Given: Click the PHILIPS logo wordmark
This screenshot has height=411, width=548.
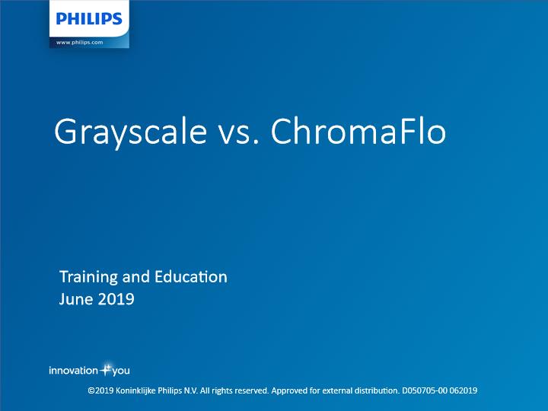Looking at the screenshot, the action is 89,18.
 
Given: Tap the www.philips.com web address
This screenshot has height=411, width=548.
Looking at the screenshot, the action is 80,43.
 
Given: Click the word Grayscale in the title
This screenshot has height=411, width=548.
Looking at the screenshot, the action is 131,132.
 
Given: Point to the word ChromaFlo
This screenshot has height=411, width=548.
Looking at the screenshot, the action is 358,131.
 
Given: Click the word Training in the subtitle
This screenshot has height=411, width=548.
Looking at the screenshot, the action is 89,278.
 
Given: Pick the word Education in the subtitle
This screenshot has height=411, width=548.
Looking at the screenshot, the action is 191,277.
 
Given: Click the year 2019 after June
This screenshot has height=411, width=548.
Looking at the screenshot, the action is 116,300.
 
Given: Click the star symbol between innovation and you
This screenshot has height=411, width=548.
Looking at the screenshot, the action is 106,369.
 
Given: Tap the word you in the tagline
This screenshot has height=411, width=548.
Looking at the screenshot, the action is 121,371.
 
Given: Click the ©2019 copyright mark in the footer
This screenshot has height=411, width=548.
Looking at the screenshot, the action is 100,390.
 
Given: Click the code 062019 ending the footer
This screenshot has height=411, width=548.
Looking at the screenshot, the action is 464,390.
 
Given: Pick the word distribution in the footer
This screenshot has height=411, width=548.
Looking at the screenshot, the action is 377,390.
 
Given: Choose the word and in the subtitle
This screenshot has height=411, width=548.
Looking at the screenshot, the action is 136,277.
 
